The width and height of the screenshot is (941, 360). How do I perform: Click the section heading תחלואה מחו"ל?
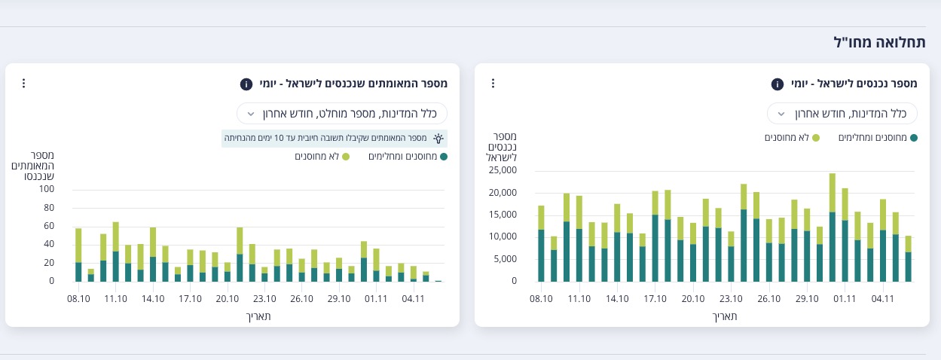(x=880, y=42)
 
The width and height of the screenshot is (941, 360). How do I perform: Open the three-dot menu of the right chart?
(x=493, y=83)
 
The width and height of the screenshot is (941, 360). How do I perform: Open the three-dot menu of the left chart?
(x=23, y=83)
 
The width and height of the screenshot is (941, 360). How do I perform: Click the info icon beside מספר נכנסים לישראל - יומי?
(x=778, y=84)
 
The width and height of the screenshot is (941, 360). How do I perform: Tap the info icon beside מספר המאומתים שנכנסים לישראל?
(x=246, y=84)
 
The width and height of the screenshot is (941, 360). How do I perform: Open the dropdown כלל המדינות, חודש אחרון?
(x=842, y=114)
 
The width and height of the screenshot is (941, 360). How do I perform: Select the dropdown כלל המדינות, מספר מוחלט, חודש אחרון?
(x=342, y=114)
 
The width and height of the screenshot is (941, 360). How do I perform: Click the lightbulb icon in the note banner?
(x=438, y=139)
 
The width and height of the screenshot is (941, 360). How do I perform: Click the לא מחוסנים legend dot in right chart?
(x=816, y=138)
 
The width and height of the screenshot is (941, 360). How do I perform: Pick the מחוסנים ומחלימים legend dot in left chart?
(x=444, y=157)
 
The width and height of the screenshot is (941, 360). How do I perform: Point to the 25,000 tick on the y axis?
(x=503, y=170)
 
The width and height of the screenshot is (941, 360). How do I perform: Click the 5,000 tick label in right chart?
(x=505, y=259)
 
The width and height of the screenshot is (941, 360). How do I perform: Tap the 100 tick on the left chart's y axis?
(x=47, y=189)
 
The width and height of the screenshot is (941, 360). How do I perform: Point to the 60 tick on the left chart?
(x=49, y=226)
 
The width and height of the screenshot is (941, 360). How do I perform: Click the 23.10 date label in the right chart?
(x=731, y=299)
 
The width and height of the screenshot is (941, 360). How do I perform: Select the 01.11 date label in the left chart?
(x=375, y=299)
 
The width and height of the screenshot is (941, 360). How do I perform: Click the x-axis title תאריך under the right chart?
(x=725, y=316)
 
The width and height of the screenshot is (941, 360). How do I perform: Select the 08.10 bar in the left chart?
(x=78, y=255)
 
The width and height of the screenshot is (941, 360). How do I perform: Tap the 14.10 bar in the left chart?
(x=153, y=255)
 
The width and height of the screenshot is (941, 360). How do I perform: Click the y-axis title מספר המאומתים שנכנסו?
(x=32, y=166)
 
